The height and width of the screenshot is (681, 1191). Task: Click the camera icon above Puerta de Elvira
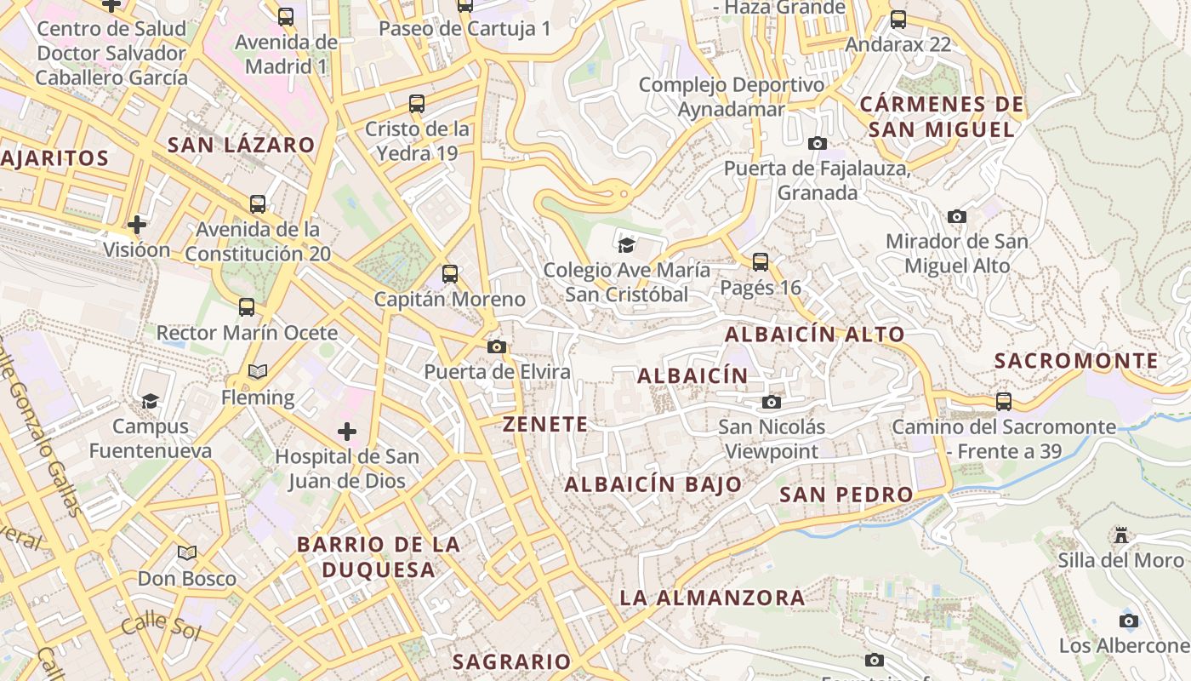497,346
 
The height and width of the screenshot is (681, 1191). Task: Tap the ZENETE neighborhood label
545,424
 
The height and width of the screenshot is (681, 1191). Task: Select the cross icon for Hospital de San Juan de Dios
347,432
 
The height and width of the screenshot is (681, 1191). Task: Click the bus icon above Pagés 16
761,262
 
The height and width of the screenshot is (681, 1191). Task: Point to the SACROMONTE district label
1076,361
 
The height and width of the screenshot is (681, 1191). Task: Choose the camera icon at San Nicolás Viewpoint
772,402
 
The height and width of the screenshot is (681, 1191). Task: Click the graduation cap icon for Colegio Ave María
627,246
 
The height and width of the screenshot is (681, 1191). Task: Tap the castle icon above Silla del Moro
1121,535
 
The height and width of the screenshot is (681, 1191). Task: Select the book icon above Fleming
257,372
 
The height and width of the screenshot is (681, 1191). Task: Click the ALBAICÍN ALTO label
814,335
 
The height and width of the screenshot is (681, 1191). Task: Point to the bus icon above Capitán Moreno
450,274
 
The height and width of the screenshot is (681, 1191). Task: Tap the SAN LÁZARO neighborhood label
241,145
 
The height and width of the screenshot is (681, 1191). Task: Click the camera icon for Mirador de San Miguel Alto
957,217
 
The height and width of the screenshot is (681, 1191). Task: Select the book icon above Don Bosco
187,553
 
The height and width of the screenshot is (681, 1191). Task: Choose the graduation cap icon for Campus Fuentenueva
151,401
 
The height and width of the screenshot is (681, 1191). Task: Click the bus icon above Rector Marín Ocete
247,307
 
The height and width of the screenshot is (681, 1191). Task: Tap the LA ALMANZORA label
712,598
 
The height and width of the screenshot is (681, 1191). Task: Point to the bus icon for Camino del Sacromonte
1004,401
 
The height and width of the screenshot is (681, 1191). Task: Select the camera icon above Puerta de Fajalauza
818,143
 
